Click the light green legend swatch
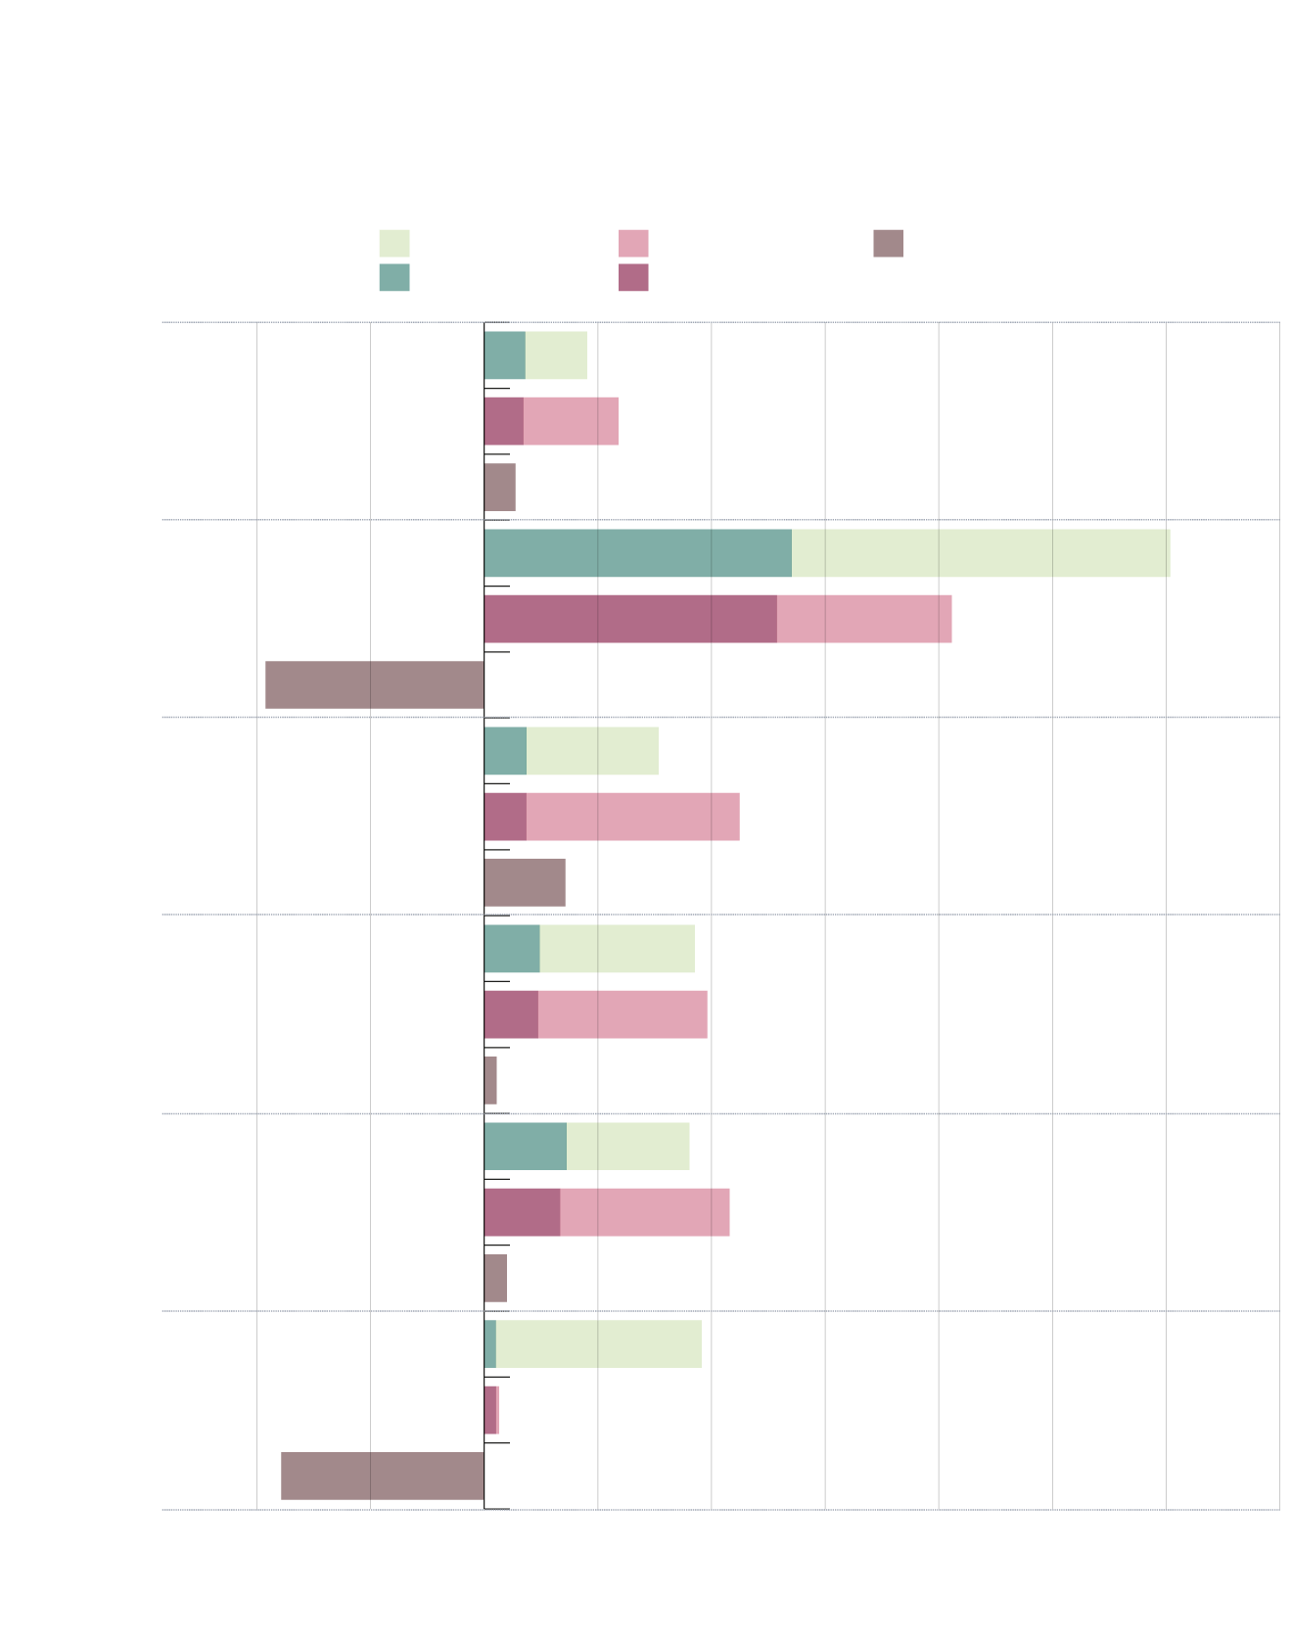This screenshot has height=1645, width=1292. [394, 243]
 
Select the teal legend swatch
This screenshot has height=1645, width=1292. [394, 277]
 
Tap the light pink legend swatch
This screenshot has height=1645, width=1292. [633, 243]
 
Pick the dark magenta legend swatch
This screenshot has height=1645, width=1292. [633, 277]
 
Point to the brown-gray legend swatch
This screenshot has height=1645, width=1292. [888, 243]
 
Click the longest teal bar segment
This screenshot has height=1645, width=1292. [637, 553]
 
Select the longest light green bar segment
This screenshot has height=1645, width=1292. [981, 553]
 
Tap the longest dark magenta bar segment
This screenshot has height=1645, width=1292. [630, 619]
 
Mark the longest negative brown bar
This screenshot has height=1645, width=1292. [375, 684]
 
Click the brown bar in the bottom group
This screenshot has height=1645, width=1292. [383, 1476]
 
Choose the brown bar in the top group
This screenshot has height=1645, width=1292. [500, 487]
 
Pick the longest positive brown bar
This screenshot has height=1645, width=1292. [525, 882]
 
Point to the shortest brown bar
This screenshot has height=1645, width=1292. [490, 1080]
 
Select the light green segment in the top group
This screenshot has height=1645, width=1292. [556, 355]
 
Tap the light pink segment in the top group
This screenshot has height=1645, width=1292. [571, 421]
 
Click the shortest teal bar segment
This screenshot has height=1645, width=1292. [490, 1343]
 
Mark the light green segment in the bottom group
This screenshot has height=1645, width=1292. [599, 1343]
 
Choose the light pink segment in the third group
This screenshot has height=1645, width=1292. [632, 817]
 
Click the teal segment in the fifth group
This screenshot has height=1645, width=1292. [526, 1146]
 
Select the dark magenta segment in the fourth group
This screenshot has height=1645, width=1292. [511, 1014]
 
